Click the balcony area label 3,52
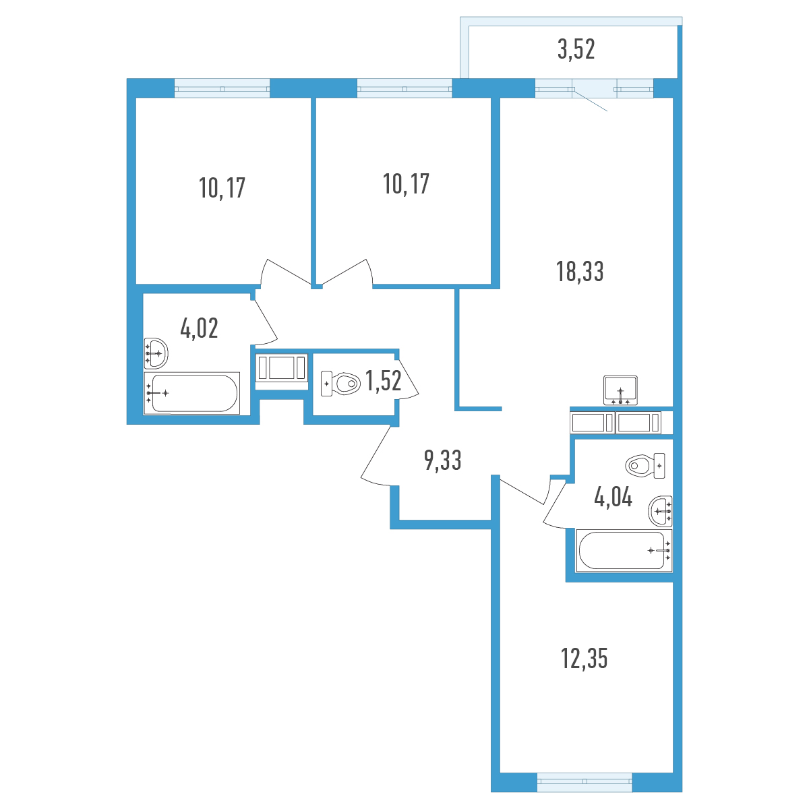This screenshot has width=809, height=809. tap(576, 49)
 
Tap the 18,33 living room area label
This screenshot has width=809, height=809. tap(580, 271)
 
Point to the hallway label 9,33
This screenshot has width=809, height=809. tap(442, 460)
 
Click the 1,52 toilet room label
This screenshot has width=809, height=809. tap(384, 381)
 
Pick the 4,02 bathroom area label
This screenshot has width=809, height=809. tap(199, 328)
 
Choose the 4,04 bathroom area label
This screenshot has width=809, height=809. tap(613, 498)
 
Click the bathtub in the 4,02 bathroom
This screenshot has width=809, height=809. tap(192, 393)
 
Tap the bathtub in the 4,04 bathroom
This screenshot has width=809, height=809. tap(624, 550)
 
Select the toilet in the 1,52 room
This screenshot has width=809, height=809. tap(340, 384)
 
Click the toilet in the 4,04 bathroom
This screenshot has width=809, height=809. tap(645, 466)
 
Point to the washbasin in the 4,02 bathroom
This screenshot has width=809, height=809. tap(156, 353)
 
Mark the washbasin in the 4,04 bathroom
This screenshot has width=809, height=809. tap(661, 511)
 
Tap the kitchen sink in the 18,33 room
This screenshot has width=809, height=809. tap(620, 390)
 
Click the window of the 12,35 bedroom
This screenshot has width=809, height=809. tap(585, 783)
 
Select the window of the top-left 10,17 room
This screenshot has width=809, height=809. tap(222, 88)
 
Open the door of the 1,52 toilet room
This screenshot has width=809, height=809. tap(407, 378)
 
